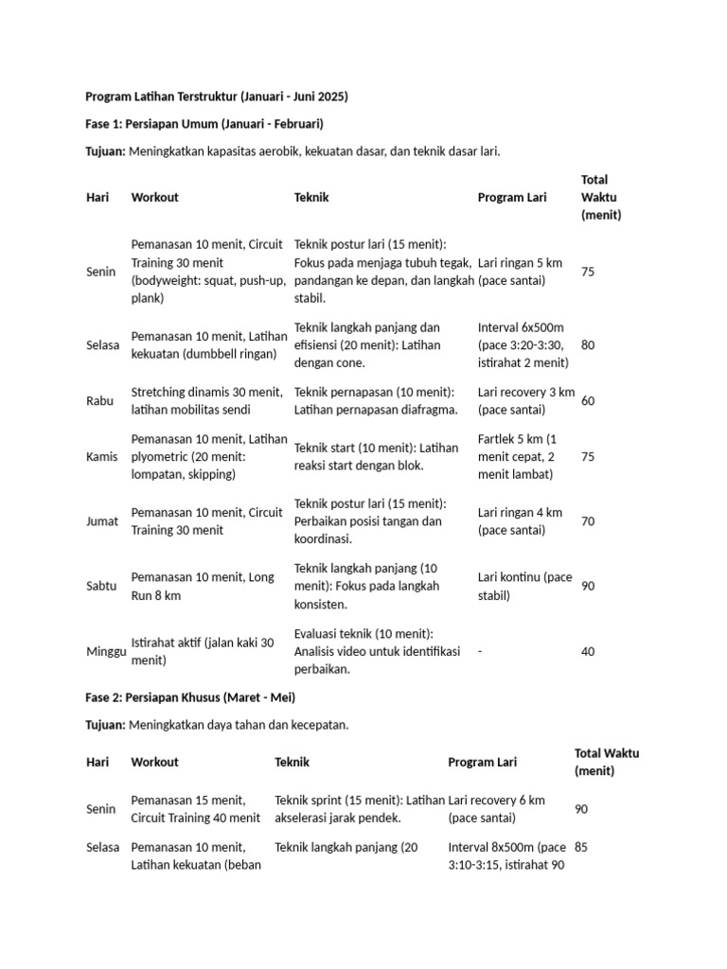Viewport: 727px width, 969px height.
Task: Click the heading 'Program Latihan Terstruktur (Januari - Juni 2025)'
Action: click(217, 97)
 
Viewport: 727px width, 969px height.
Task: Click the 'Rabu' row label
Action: click(99, 401)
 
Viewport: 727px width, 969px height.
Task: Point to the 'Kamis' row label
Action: click(101, 456)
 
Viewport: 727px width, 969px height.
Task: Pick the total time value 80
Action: click(588, 345)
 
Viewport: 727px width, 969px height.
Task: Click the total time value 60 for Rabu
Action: click(588, 401)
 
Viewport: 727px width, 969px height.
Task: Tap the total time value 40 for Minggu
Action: click(588, 651)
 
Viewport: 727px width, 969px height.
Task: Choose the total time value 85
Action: click(581, 847)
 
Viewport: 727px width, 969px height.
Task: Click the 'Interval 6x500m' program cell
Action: click(523, 345)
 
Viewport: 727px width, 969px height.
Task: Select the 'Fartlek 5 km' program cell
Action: click(518, 456)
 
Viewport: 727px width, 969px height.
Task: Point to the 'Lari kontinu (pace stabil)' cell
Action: click(525, 586)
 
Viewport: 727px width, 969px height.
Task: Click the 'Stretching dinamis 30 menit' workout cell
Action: click(206, 401)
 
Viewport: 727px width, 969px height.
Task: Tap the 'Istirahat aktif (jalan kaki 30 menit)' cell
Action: click(203, 651)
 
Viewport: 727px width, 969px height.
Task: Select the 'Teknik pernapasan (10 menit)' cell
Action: click(374, 401)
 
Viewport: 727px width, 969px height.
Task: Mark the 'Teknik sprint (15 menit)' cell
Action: click(359, 809)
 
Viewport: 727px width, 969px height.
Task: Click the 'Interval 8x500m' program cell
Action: click(507, 856)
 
